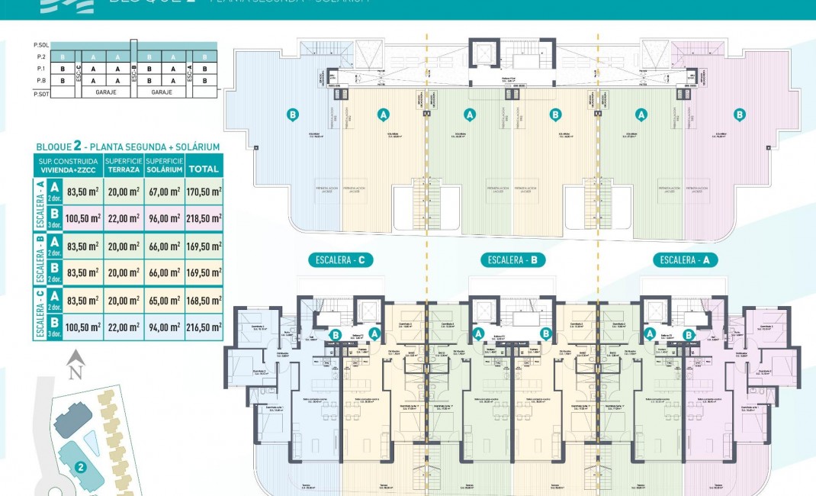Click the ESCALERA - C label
pyautogui.click(x=341, y=260)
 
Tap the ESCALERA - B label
pyautogui.click(x=513, y=260)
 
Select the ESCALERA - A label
pyautogui.click(x=685, y=260)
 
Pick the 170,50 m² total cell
pyautogui.click(x=204, y=192)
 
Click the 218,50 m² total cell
pyautogui.click(x=204, y=218)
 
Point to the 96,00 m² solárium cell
pyautogui.click(x=163, y=218)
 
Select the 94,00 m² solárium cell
pyautogui.click(x=163, y=327)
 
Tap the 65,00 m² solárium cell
pyautogui.click(x=163, y=301)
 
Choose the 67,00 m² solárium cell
pyautogui.click(x=163, y=192)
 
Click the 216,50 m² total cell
pyautogui.click(x=204, y=327)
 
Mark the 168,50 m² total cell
pyautogui.click(x=204, y=301)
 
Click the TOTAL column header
pyautogui.click(x=204, y=169)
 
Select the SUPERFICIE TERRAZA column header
pyautogui.click(x=123, y=166)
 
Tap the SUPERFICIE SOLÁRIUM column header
pyautogui.click(x=163, y=166)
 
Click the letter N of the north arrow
pyautogui.click(x=75, y=373)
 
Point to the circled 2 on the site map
pyautogui.click(x=79, y=466)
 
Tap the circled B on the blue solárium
pyautogui.click(x=292, y=114)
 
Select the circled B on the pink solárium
pyautogui.click(x=739, y=114)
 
